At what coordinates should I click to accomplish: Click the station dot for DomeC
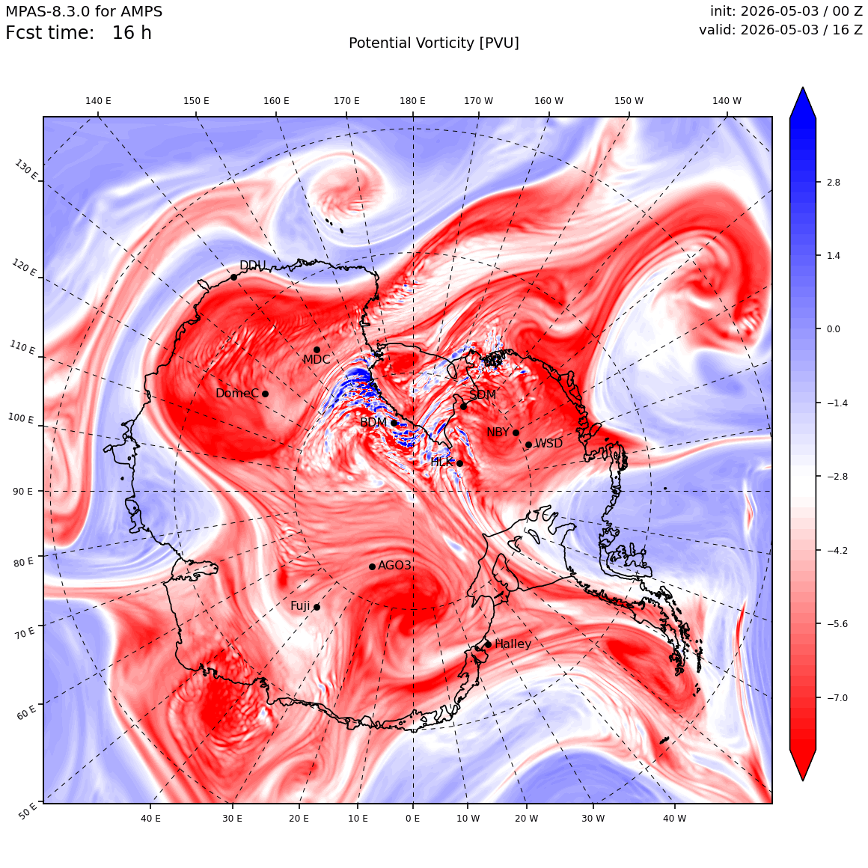tap(265, 394)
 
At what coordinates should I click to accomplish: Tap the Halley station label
tap(513, 644)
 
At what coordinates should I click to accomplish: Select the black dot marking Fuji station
tap(317, 608)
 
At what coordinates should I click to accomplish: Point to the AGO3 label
tap(394, 565)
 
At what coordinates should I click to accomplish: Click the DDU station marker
tap(233, 278)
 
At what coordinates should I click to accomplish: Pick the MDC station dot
tap(317, 350)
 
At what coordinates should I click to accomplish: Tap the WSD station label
tap(548, 444)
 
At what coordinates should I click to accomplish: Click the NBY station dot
tap(516, 433)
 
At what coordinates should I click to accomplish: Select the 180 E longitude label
tap(412, 101)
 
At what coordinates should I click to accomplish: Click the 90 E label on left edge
tap(22, 492)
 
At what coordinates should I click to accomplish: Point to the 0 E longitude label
tap(412, 819)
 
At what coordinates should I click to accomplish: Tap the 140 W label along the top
tap(727, 101)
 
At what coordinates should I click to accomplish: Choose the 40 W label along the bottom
tap(674, 819)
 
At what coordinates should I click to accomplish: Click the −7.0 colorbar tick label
tap(837, 697)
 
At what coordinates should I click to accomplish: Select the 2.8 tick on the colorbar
tap(833, 182)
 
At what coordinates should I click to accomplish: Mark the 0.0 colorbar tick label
tap(833, 328)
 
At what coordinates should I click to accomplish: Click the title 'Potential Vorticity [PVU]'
tap(434, 43)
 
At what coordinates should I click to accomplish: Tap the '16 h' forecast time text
tap(132, 33)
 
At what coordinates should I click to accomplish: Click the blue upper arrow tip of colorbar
tap(803, 88)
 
